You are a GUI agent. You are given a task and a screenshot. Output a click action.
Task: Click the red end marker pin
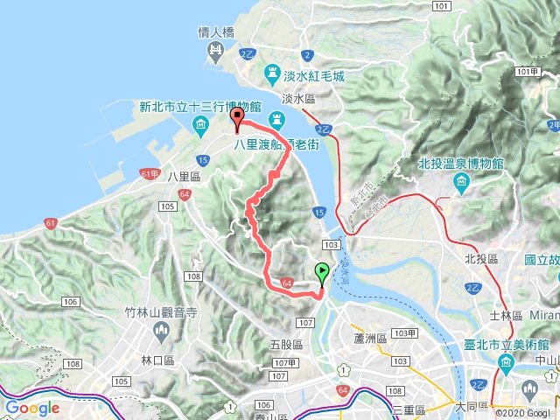[236, 120]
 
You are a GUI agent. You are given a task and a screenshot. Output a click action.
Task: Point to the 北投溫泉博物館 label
[460, 164]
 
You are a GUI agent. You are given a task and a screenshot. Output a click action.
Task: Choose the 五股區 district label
[286, 346]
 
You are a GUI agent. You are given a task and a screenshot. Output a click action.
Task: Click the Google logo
[32, 408]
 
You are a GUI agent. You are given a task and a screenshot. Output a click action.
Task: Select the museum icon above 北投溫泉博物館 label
[460, 182]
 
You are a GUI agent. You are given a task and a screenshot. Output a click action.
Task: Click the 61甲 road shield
[150, 174]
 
